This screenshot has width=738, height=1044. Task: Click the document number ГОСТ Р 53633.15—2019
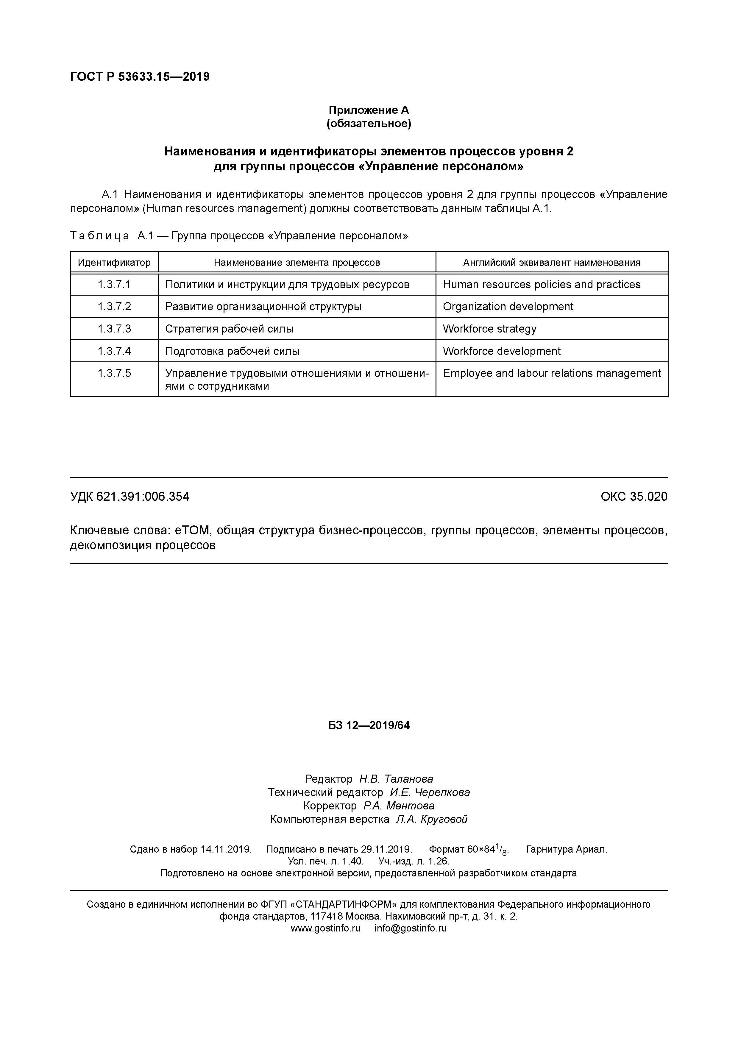pyautogui.click(x=140, y=77)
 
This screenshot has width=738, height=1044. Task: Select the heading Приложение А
pyautogui.click(x=369, y=110)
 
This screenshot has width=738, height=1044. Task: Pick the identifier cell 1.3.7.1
pyautogui.click(x=114, y=285)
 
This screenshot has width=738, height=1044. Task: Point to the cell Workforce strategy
pyautogui.click(x=489, y=329)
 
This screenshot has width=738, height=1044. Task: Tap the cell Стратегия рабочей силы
pyautogui.click(x=229, y=329)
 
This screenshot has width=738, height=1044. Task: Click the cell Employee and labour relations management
pyautogui.click(x=552, y=373)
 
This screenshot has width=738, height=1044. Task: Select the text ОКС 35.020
pyautogui.click(x=634, y=497)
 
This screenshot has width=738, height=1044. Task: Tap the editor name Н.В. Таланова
pyautogui.click(x=396, y=779)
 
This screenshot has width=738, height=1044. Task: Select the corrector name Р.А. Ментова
pyautogui.click(x=399, y=806)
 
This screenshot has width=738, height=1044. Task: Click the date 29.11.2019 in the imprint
pyautogui.click(x=386, y=849)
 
